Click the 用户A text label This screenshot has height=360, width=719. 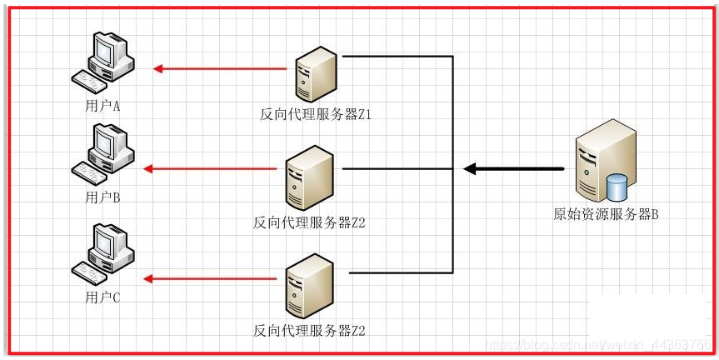103,107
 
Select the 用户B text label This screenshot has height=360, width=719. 103,198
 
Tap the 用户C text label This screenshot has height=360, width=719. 103,297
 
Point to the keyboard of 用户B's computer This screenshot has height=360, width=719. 91,171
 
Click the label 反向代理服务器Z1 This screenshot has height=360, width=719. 316,114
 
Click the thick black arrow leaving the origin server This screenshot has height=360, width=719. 513,169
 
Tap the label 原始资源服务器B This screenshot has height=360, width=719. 607,214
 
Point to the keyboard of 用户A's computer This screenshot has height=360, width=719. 91,80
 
